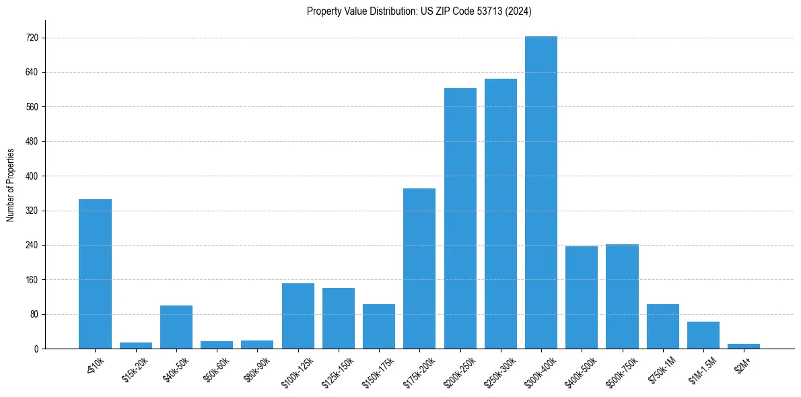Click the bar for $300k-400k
[x=541, y=192]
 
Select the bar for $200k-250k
[x=460, y=219]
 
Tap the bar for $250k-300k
[x=500, y=214]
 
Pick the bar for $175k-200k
[x=419, y=268]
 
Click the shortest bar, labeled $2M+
[x=743, y=346]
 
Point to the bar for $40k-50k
[x=176, y=327]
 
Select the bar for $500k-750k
[x=622, y=297]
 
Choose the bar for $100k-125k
[x=298, y=316]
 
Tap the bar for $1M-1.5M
[x=703, y=335]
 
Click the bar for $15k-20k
[x=136, y=345]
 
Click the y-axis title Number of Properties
[x=11, y=185]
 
